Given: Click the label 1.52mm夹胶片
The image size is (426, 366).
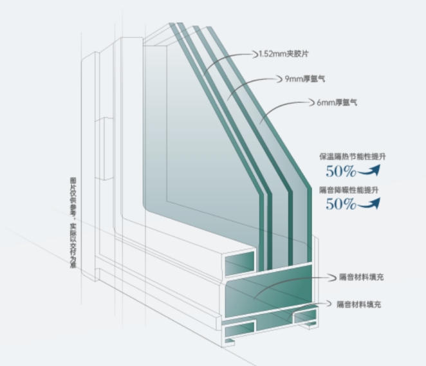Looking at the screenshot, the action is coord(284,54).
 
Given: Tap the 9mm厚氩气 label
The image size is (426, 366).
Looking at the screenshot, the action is coord(305,79).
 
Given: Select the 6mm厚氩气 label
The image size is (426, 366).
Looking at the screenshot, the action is coord(337,103).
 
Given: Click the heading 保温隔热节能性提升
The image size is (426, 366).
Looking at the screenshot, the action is coord(353,157).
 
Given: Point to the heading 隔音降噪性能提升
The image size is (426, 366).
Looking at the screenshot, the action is coord(349,190).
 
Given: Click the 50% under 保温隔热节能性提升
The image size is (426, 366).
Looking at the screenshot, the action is coord(341,171).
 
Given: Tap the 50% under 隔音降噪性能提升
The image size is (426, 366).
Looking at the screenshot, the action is coord(341,204).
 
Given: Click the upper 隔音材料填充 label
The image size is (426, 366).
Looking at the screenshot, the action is coord(362,277).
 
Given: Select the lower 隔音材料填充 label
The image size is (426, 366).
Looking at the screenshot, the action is coord(359,304).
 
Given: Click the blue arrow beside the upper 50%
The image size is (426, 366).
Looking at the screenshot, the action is coord(369,171).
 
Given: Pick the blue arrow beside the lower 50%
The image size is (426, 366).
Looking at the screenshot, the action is coord(369,204).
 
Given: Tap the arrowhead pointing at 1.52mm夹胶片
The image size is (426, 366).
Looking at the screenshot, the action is coord(255,54).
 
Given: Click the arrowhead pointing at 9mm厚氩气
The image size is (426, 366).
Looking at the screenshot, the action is coord(279,79).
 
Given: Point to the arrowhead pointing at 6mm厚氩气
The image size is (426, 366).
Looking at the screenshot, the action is coord(311,102).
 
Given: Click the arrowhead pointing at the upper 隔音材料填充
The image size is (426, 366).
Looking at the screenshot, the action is coord(333,277).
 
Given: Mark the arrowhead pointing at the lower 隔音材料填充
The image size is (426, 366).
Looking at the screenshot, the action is coord(329,304).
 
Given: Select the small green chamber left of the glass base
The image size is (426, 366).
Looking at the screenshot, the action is coord(239,263).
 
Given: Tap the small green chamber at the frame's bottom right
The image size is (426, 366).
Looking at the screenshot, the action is coord(306,315).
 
